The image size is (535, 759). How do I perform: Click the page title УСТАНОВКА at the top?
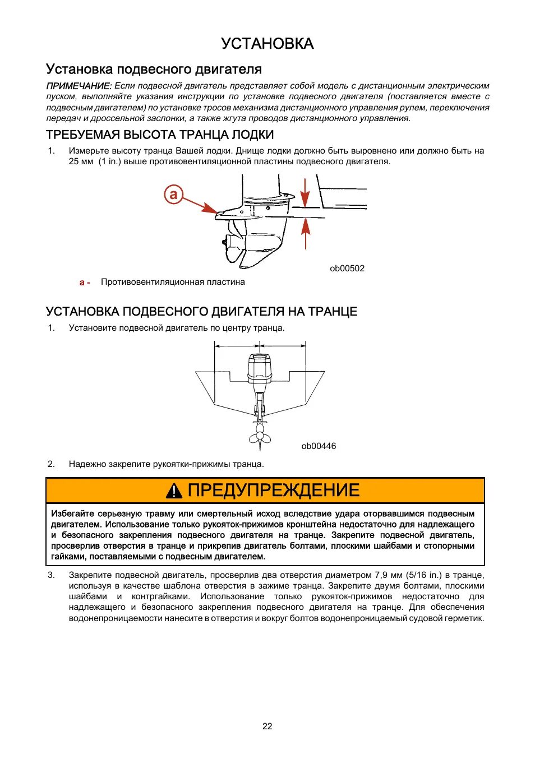pos(267,44)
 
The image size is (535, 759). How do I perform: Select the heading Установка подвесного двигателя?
pos(154,70)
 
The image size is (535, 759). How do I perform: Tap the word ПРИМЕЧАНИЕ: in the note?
pos(79,86)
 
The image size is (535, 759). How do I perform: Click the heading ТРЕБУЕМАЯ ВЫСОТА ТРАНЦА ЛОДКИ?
pos(160,135)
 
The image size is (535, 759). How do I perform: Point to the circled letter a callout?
pos(174,194)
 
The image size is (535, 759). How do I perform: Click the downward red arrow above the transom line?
pos(305,193)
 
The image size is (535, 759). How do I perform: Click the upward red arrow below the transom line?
pos(305,232)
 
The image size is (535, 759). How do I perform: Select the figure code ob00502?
pos(347,269)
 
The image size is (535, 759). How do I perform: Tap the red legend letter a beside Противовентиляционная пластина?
pos(83,283)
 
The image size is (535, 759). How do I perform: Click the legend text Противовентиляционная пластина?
pos(173,282)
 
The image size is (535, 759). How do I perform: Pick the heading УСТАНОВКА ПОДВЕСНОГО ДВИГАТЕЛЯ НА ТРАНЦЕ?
pos(201,312)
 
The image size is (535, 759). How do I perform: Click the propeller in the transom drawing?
pos(259,434)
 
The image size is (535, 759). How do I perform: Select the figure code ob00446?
pos(319,446)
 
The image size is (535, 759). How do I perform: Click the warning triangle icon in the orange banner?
pos(174,491)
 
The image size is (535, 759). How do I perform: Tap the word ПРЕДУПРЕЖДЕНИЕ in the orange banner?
pos(273,490)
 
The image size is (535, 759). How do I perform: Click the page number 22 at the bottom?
pos(267,726)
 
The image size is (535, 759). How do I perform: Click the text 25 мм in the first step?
pos(81,161)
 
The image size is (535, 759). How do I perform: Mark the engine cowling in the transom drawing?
pos(259,367)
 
